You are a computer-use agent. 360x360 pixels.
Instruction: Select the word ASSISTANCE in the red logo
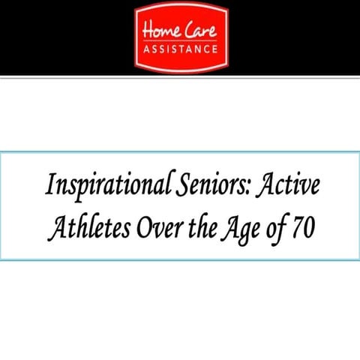pyautogui.click(x=180, y=52)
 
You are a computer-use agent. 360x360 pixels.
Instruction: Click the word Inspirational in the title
pyautogui.click(x=99, y=185)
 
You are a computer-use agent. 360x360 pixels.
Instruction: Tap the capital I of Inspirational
pyautogui.click(x=50, y=184)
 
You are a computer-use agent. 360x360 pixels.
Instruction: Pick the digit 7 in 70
pyautogui.click(x=297, y=227)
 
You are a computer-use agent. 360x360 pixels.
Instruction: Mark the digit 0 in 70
pyautogui.click(x=309, y=227)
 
